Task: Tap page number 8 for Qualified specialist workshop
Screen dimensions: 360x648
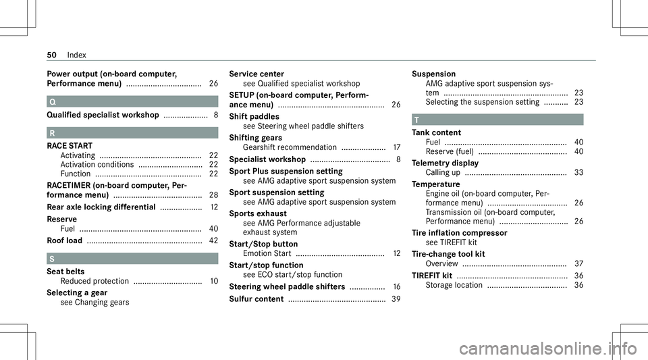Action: (x=214, y=115)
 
